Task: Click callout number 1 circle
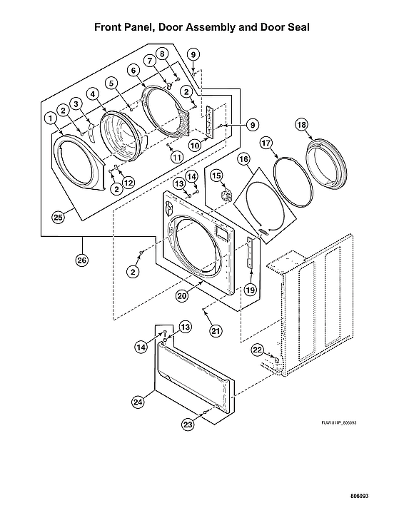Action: [x=51, y=117]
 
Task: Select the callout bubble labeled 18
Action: [x=302, y=125]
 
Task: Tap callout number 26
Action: [x=82, y=260]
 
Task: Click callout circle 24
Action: [x=138, y=402]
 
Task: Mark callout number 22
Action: [x=258, y=350]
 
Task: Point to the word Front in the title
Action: [x=110, y=27]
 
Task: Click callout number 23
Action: [x=188, y=424]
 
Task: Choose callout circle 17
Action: [x=266, y=143]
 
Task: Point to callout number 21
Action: [x=215, y=330]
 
